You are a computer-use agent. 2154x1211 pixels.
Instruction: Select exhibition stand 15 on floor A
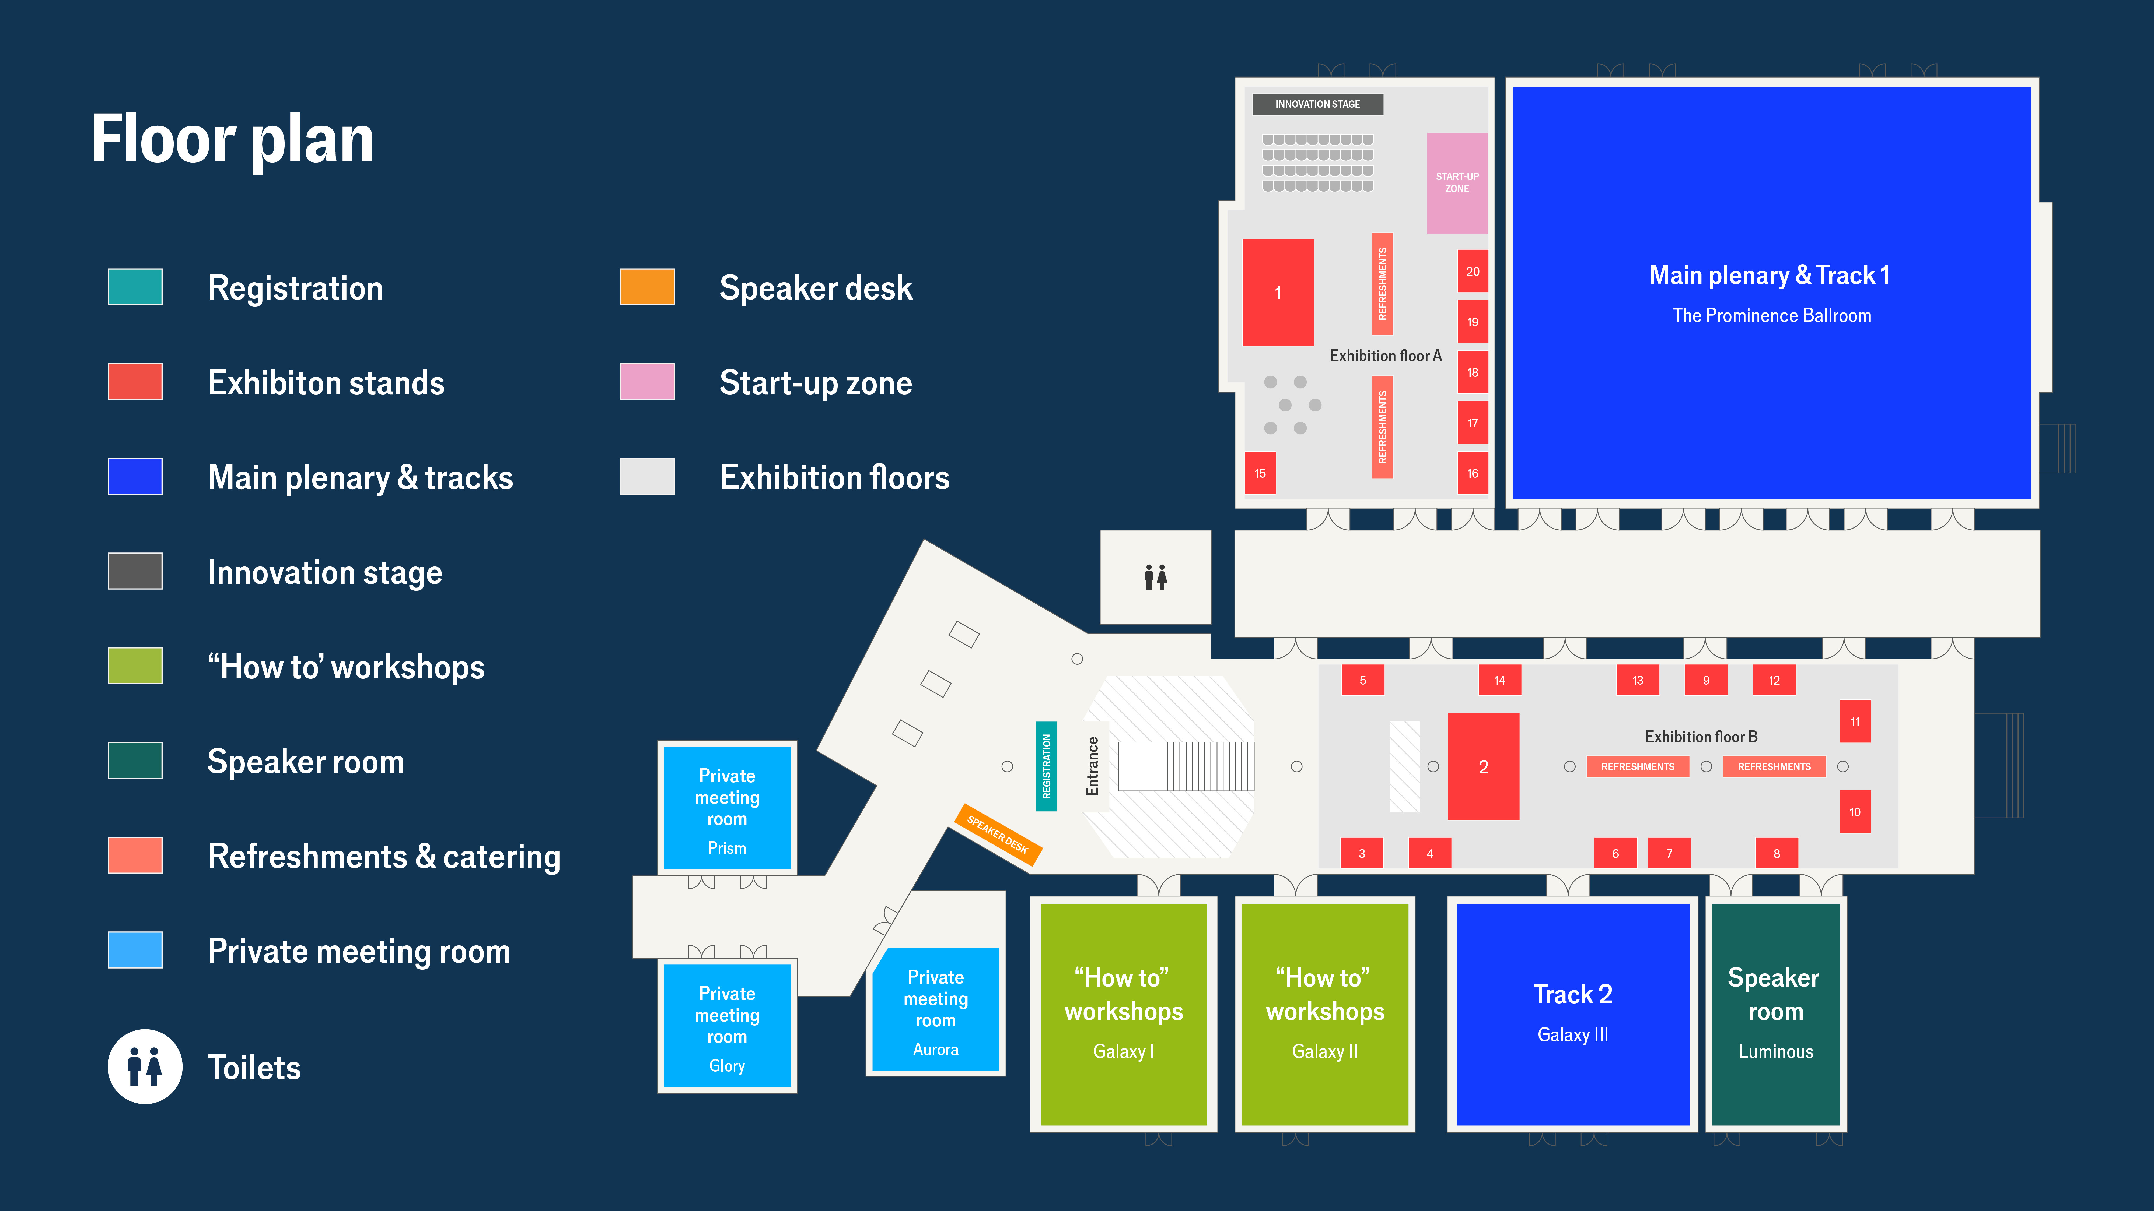click(x=1260, y=473)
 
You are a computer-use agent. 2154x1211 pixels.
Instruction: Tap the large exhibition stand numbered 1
click(x=1278, y=293)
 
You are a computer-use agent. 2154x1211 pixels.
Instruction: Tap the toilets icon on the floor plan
click(x=1156, y=577)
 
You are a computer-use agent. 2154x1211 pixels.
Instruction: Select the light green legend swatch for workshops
click(x=135, y=666)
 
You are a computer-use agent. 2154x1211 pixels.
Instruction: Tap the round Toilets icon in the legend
click(x=145, y=1066)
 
